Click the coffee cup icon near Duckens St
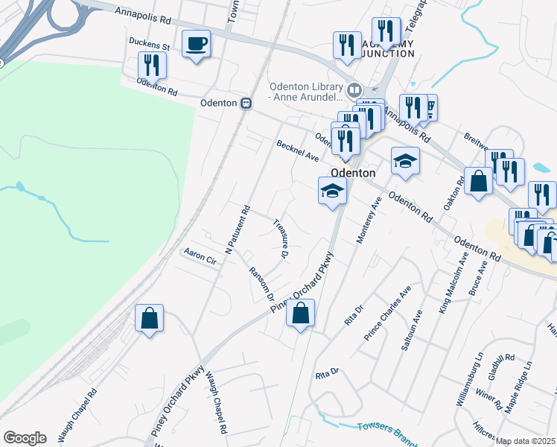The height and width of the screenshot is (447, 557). [x=196, y=44]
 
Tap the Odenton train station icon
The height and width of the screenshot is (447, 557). [x=244, y=104]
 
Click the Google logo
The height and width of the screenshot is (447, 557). [x=25, y=438]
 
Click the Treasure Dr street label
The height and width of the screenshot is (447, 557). [x=281, y=238]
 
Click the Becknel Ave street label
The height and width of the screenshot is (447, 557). [x=297, y=152]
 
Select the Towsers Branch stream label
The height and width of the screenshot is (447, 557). [x=384, y=428]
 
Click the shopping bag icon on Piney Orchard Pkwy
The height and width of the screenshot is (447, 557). [x=300, y=314]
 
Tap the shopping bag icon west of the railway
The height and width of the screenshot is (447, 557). [x=150, y=318]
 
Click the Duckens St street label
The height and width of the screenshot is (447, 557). [x=150, y=45]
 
